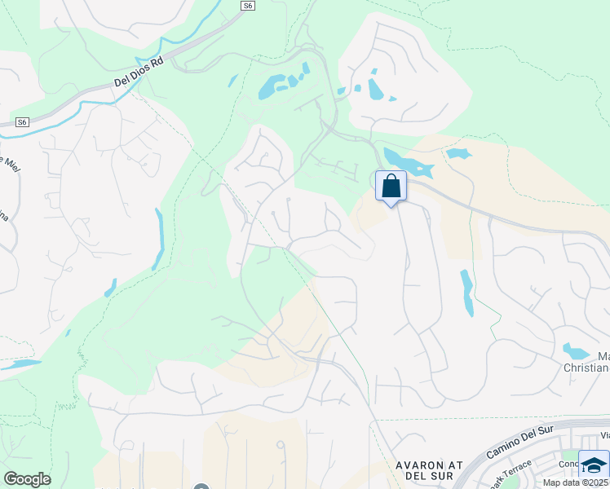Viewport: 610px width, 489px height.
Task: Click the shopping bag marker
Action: point(391,186)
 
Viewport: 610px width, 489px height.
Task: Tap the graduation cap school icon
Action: point(594,465)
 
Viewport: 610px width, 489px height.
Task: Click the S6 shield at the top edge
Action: point(248,6)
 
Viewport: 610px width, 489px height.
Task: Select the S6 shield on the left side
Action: point(23,122)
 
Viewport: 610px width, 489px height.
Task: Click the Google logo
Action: point(27,479)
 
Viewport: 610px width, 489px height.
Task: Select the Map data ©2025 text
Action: point(576,482)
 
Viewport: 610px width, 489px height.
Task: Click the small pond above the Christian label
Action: point(576,352)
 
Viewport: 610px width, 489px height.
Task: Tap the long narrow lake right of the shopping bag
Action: point(466,292)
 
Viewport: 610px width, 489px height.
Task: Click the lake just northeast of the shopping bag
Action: point(408,163)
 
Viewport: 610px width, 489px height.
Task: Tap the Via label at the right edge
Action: point(603,435)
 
